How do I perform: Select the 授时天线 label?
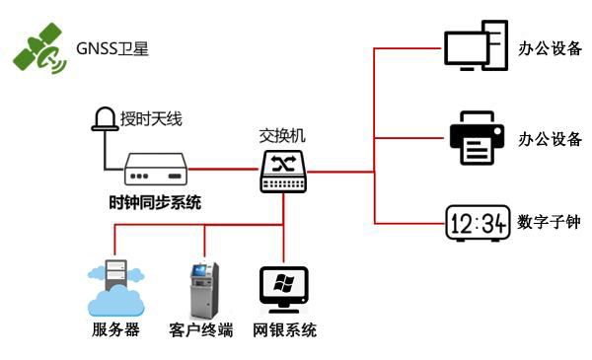[151, 119]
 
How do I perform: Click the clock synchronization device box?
[156, 170]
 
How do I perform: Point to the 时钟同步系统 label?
[155, 203]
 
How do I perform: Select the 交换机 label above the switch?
[284, 135]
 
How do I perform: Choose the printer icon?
[478, 138]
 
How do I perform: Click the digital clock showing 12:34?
[477, 223]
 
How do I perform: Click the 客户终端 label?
[200, 330]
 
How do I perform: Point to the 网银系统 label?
[284, 330]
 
